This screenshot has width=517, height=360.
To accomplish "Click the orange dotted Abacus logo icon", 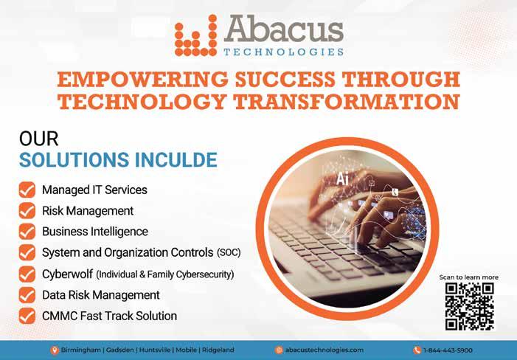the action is [x=195, y=35].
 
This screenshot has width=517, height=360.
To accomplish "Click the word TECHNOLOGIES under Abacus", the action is [x=283, y=52].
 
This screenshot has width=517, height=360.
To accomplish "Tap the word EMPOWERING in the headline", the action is [x=142, y=80].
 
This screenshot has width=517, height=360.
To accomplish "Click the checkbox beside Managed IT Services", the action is [x=27, y=190].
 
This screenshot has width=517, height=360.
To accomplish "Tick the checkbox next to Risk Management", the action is [x=27, y=211].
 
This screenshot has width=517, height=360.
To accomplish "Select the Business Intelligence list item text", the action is [x=95, y=232].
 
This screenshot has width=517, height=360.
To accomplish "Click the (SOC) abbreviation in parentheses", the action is [x=229, y=252].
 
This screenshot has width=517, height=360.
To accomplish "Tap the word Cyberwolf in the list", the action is [x=67, y=274].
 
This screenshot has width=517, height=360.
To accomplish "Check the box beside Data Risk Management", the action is [x=27, y=295].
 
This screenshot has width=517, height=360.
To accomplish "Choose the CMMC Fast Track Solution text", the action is [x=109, y=316].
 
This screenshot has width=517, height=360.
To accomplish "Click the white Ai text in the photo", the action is [x=342, y=179].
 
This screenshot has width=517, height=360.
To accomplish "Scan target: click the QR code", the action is [x=469, y=307].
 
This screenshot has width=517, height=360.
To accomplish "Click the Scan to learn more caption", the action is [x=468, y=277].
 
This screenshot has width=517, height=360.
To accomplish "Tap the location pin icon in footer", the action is [x=55, y=350].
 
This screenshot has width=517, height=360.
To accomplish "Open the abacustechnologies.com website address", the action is [x=324, y=350].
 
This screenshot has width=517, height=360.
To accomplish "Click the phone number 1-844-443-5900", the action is [x=448, y=350].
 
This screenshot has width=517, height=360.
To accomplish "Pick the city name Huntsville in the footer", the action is [x=155, y=350].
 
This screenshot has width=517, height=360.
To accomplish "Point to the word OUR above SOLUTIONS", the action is [x=38, y=139].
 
